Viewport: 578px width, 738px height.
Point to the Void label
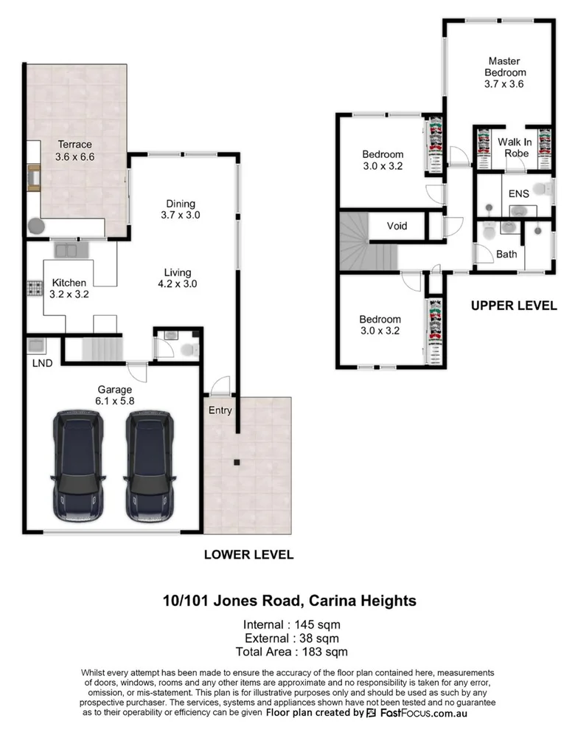(x=397, y=226)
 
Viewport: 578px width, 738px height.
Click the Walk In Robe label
(x=515, y=148)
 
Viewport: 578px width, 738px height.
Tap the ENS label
(x=519, y=193)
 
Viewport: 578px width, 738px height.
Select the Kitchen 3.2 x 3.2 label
(x=69, y=288)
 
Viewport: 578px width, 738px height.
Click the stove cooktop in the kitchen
(x=33, y=287)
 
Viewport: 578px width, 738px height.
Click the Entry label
(x=220, y=410)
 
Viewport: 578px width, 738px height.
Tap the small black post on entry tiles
(x=237, y=463)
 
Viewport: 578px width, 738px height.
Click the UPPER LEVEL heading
(x=514, y=306)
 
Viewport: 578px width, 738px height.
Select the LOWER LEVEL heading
(x=248, y=554)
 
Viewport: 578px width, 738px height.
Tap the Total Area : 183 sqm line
(x=289, y=652)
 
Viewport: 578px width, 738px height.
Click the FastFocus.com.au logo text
(x=422, y=714)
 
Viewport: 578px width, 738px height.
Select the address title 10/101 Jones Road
(x=289, y=601)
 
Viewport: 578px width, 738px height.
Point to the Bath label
(x=506, y=255)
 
